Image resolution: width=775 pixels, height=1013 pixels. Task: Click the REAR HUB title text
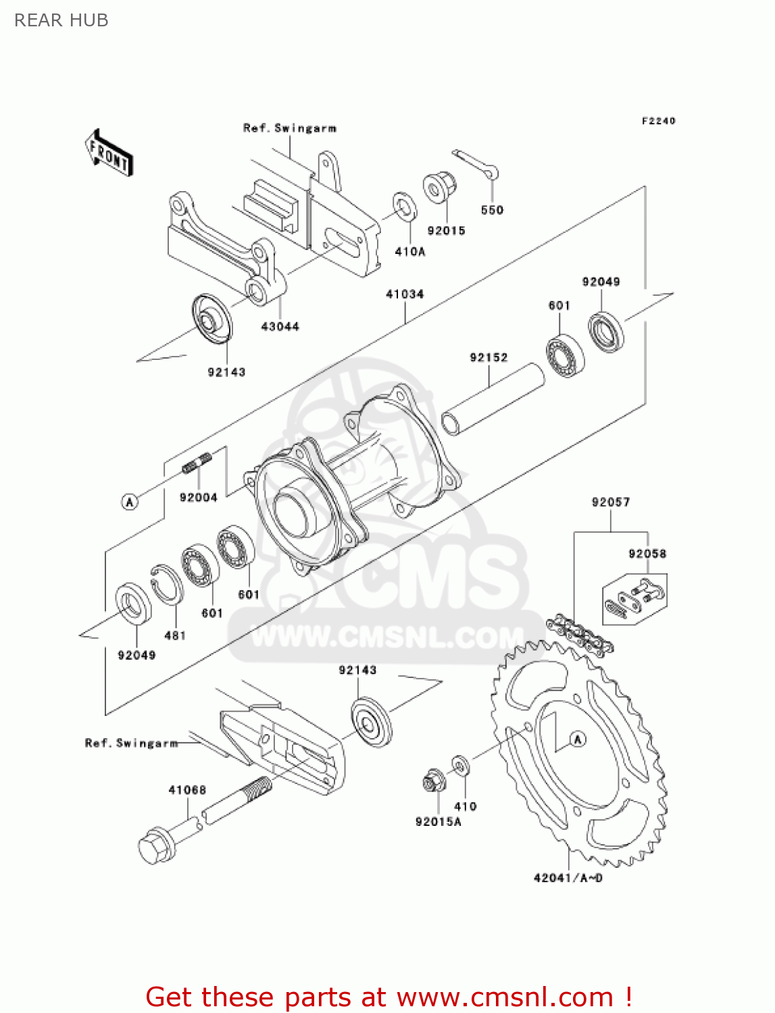[61, 20]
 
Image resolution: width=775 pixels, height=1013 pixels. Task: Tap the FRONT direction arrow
[109, 153]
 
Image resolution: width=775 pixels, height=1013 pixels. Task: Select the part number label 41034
[405, 294]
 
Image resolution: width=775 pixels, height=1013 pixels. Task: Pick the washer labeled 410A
[405, 207]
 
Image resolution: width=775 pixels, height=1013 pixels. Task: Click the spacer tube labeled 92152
[493, 399]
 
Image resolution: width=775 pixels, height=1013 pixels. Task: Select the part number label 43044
[280, 327]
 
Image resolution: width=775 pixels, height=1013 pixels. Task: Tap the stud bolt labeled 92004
[197, 463]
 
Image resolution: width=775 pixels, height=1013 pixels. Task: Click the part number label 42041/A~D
[568, 878]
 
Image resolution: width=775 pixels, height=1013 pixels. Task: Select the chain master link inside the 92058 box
[634, 598]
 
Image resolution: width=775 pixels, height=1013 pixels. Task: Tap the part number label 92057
[610, 502]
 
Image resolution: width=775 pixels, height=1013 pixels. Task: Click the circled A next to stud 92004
[130, 502]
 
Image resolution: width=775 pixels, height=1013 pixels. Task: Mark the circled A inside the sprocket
[577, 739]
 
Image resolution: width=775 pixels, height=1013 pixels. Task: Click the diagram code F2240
[658, 121]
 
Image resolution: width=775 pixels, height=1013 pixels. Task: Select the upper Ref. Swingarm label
[289, 128]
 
